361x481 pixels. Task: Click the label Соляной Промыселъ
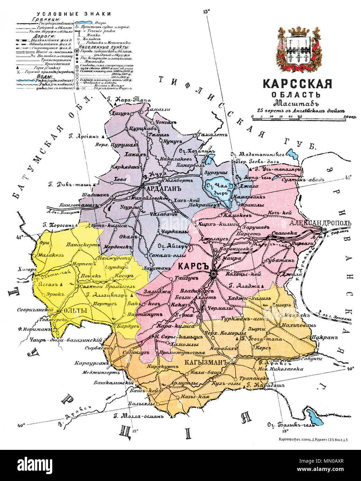[x=100, y=287]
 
